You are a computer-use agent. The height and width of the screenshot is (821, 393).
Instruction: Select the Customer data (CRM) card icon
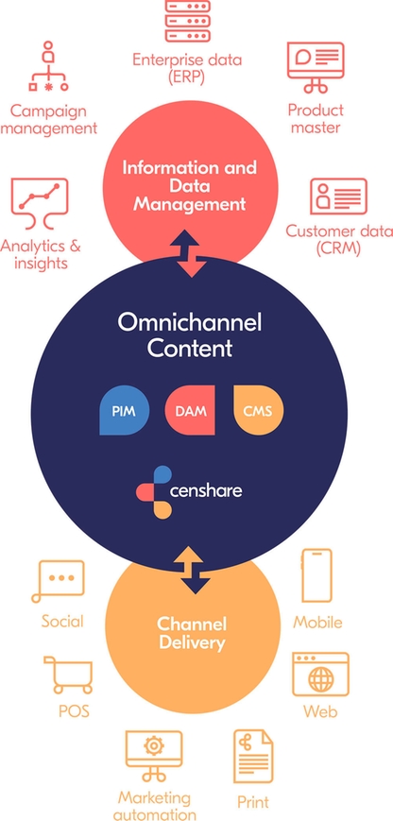click(x=338, y=197)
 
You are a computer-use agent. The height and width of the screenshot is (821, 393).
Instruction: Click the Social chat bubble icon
click(x=59, y=580)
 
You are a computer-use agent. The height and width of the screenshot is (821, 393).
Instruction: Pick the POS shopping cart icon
click(x=68, y=676)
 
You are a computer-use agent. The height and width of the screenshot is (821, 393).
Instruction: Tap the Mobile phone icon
click(x=317, y=575)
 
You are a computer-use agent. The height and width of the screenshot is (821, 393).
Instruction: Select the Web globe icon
click(x=320, y=674)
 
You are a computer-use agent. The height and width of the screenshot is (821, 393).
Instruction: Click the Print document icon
click(x=253, y=756)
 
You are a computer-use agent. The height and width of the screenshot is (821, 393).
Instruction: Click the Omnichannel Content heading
click(x=189, y=334)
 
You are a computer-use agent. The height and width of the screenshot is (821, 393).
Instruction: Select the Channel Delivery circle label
click(x=192, y=633)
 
